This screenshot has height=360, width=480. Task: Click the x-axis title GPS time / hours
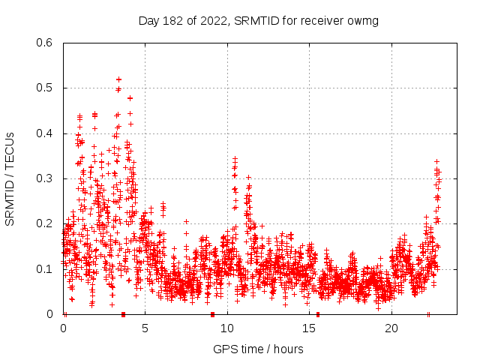(258, 349)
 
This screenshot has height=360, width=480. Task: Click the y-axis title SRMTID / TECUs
(10, 178)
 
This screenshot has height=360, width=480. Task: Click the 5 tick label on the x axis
(145, 328)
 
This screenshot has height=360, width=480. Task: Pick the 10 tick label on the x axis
(227, 328)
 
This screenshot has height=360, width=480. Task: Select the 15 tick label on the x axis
(310, 328)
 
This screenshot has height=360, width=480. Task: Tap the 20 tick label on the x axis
(391, 328)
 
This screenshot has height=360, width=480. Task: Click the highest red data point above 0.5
(118, 79)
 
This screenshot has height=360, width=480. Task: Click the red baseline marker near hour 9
(212, 313)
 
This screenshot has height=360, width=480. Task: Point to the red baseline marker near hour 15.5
(318, 313)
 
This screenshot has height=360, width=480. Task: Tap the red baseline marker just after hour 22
(428, 313)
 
